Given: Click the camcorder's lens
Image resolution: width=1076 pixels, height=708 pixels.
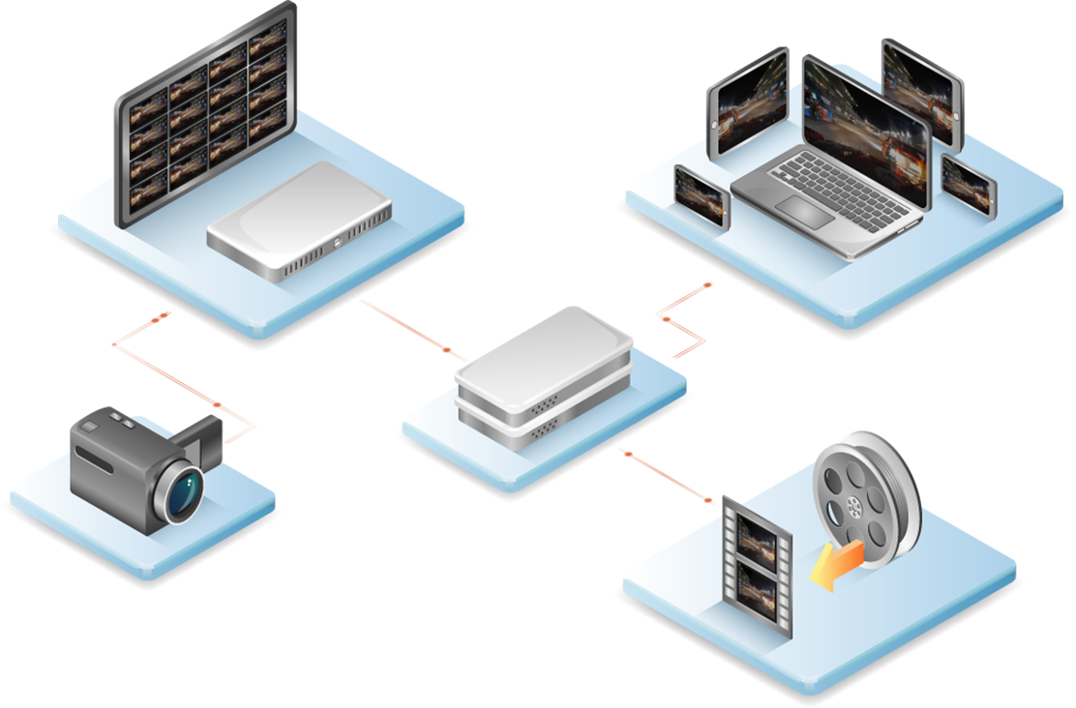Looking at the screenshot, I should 183,492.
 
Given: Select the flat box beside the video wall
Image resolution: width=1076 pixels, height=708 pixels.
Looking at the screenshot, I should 301,220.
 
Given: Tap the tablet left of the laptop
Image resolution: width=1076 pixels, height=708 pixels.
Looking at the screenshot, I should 748,103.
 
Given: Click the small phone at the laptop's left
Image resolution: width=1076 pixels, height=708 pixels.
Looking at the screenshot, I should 701,196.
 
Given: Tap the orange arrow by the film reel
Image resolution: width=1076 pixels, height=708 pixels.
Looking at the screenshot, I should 835,565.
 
